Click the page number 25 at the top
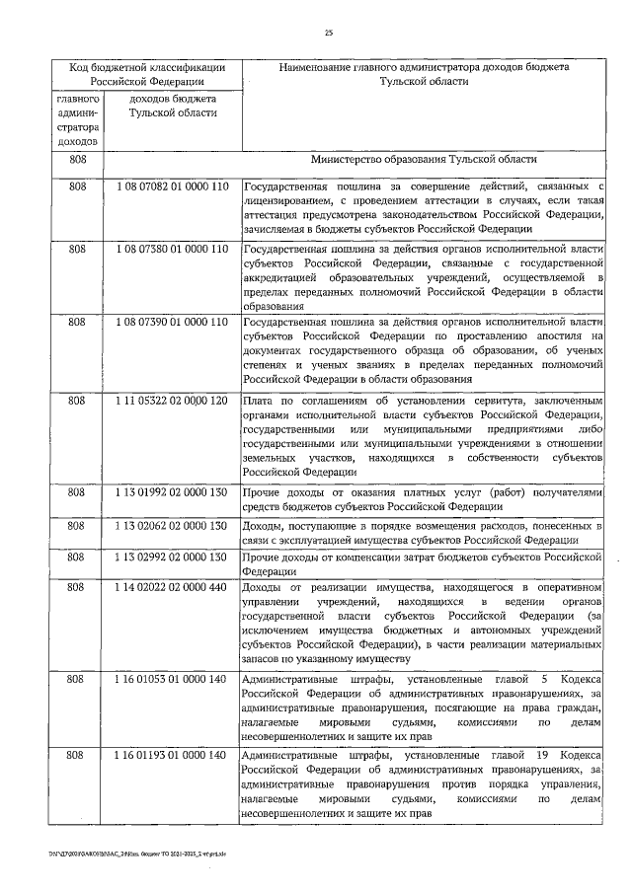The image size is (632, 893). [x=329, y=34]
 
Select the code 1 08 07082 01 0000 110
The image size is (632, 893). [x=172, y=186]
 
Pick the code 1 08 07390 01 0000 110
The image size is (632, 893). [x=172, y=322]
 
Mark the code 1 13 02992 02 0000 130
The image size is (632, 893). [x=172, y=558]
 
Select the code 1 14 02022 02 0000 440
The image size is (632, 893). [x=172, y=588]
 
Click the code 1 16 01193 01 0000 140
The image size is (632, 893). [x=172, y=756]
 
